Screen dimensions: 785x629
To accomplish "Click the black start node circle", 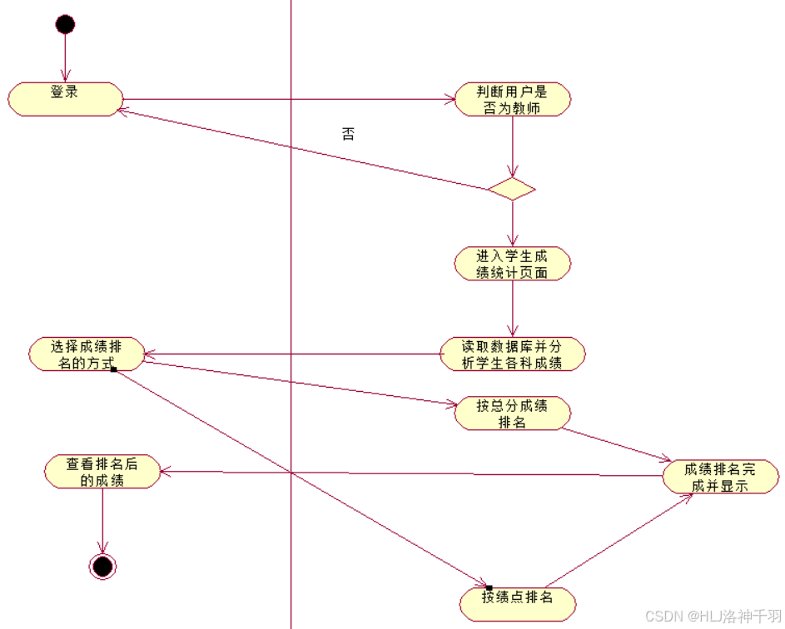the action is [65, 24].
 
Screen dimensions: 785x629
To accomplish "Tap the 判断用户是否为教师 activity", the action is [512, 99].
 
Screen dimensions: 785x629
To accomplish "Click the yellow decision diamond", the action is [512, 189].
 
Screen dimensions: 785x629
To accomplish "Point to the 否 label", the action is [348, 134].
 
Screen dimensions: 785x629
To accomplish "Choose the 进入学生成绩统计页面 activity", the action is [512, 264].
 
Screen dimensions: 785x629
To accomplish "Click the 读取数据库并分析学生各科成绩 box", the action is [512, 354].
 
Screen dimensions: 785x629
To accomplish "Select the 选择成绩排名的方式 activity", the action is [86, 354].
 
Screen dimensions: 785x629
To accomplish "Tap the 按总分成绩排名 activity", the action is [512, 414].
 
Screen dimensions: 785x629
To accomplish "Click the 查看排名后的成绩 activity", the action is [102, 472].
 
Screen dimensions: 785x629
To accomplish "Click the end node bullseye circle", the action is [102, 567].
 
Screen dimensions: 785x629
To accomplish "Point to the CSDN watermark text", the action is [712, 616].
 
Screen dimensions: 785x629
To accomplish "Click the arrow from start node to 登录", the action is [65, 58].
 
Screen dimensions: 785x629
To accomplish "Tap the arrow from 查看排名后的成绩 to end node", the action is [102, 520].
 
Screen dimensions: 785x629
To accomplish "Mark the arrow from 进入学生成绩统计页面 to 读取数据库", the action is [512, 308].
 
